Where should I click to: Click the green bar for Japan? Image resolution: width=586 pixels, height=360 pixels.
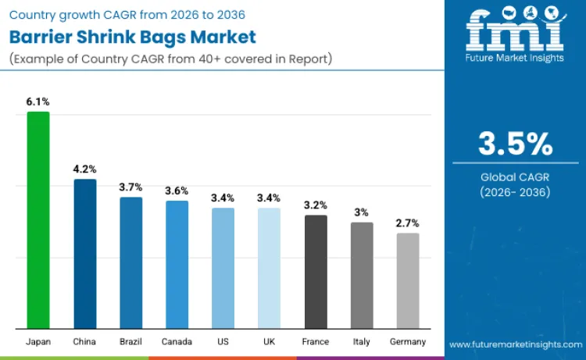[38, 220]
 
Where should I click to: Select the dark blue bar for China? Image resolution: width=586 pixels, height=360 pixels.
[84, 254]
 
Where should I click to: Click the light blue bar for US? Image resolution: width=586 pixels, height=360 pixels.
[223, 268]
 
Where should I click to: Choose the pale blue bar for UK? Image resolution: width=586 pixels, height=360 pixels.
[269, 268]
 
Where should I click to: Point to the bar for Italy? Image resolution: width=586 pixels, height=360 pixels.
[362, 275]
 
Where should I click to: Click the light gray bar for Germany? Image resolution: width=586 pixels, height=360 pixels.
[408, 280]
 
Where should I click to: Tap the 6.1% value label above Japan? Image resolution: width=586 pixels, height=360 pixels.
[38, 102]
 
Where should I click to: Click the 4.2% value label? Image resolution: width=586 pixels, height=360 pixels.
[84, 169]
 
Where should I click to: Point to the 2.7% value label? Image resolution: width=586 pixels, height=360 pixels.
[408, 223]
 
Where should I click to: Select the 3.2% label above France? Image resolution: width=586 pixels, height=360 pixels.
[316, 205]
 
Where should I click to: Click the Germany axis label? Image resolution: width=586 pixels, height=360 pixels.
[408, 342]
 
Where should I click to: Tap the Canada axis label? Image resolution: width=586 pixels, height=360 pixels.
[177, 342]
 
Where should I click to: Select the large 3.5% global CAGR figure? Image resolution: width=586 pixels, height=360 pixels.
[515, 144]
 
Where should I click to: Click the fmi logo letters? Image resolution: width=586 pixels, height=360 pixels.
[514, 30]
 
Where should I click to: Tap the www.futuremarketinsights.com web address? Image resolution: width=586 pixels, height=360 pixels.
[515, 344]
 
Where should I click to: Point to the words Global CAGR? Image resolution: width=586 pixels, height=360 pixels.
[515, 177]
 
